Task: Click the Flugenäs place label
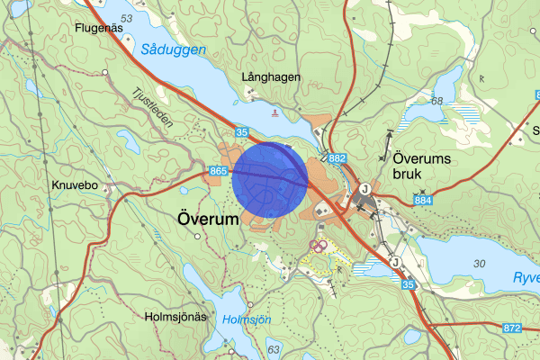pyautogui.click(x=99, y=28)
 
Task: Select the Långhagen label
pyautogui.click(x=271, y=78)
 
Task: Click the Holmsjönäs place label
pyautogui.click(x=175, y=317)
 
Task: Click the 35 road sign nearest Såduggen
pyautogui.click(x=243, y=132)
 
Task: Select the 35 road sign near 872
pyautogui.click(x=409, y=284)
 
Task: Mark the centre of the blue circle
pyautogui.click(x=269, y=179)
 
